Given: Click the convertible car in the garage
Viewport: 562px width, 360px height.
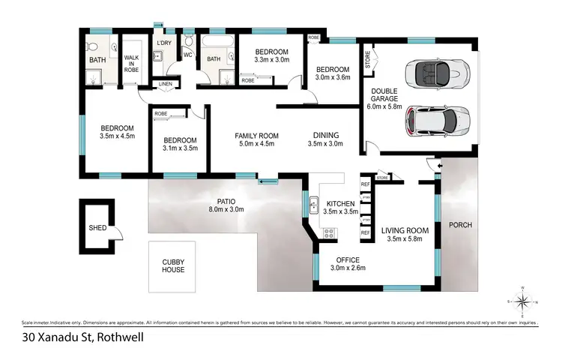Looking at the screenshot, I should [436, 73].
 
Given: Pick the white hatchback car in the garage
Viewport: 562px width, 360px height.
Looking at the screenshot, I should [438, 121].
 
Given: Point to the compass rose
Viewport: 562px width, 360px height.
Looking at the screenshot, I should [525, 301].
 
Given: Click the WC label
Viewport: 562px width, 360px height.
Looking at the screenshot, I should [188, 55].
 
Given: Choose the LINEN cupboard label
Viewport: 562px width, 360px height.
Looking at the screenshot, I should [166, 85].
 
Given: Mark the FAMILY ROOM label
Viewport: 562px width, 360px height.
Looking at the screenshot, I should [257, 139].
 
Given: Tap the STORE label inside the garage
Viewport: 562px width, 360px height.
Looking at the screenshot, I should [368, 59].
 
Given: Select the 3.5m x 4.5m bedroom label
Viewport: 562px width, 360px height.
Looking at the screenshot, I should [118, 132].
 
